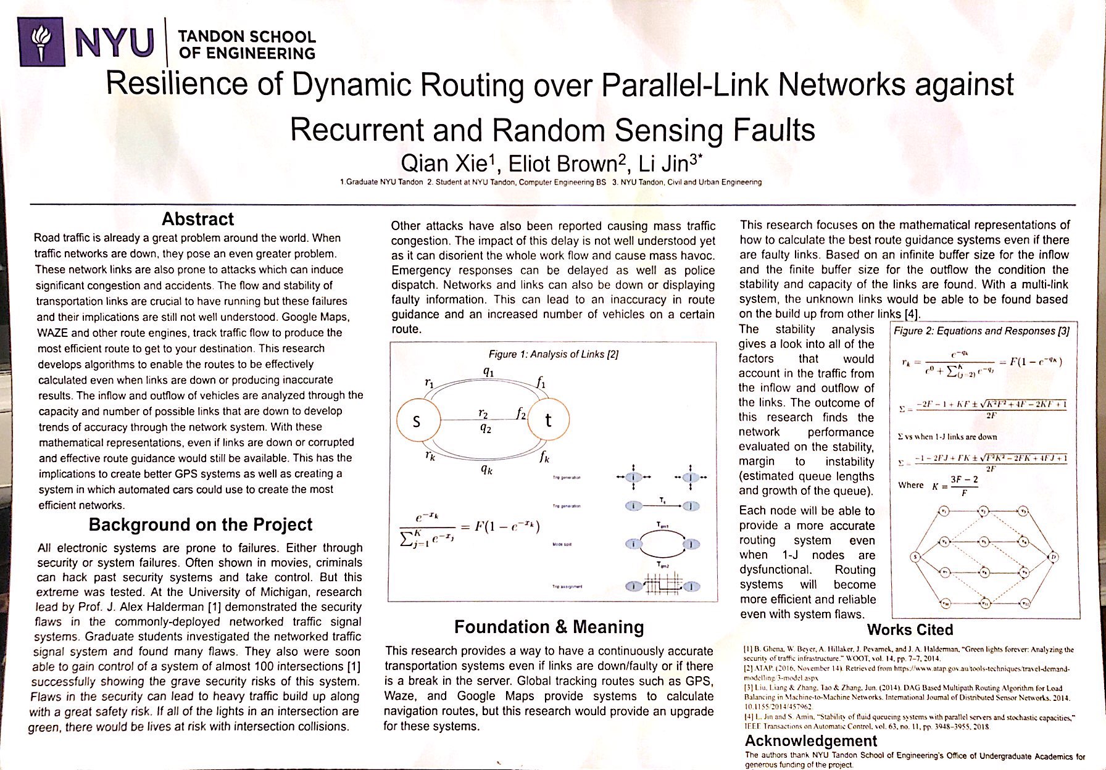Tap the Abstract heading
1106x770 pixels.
click(x=197, y=220)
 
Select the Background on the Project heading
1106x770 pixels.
click(x=201, y=524)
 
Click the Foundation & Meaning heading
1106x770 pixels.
click(x=549, y=627)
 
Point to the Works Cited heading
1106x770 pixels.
click(x=910, y=630)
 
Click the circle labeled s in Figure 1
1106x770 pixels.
click(x=417, y=421)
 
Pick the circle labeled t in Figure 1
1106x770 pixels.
click(x=547, y=420)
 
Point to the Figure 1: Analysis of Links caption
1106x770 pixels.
click(x=553, y=354)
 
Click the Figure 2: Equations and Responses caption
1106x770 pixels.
click(x=981, y=331)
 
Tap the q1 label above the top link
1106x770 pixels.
click(x=488, y=372)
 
